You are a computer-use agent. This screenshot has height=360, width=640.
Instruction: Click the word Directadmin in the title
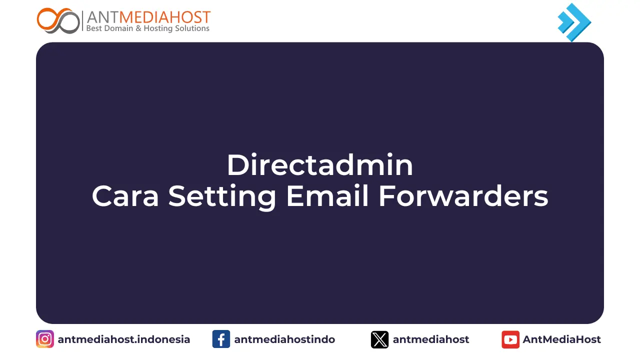pyautogui.click(x=320, y=165)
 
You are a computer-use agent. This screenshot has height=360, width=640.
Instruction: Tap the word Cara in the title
pyautogui.click(x=125, y=196)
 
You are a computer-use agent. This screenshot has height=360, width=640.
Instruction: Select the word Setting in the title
pyautogui.click(x=222, y=196)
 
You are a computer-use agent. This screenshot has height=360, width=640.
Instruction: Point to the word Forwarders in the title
pyautogui.click(x=463, y=196)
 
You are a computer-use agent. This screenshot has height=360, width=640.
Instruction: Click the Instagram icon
pyautogui.click(x=45, y=339)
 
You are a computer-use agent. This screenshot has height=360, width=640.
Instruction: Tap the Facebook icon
pyautogui.click(x=221, y=339)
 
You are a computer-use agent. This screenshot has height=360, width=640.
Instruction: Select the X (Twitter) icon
pyautogui.click(x=379, y=339)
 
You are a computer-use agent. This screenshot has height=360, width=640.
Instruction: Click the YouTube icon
pyautogui.click(x=510, y=339)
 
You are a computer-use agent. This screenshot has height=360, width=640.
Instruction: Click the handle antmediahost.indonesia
pyautogui.click(x=124, y=339)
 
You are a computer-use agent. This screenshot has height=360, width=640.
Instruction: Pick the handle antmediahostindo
pyautogui.click(x=284, y=339)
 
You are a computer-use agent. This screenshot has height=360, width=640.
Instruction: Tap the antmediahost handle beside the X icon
pyautogui.click(x=431, y=339)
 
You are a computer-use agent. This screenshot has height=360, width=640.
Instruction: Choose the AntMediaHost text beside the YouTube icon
pyautogui.click(x=562, y=339)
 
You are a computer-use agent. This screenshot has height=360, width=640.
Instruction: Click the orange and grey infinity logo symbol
pyautogui.click(x=58, y=20)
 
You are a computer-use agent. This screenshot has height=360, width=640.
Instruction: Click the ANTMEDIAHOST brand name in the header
pyautogui.click(x=148, y=17)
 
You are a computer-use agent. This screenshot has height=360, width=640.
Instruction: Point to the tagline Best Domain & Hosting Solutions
pyautogui.click(x=148, y=28)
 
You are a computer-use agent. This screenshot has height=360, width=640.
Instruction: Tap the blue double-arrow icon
pyautogui.click(x=574, y=22)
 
